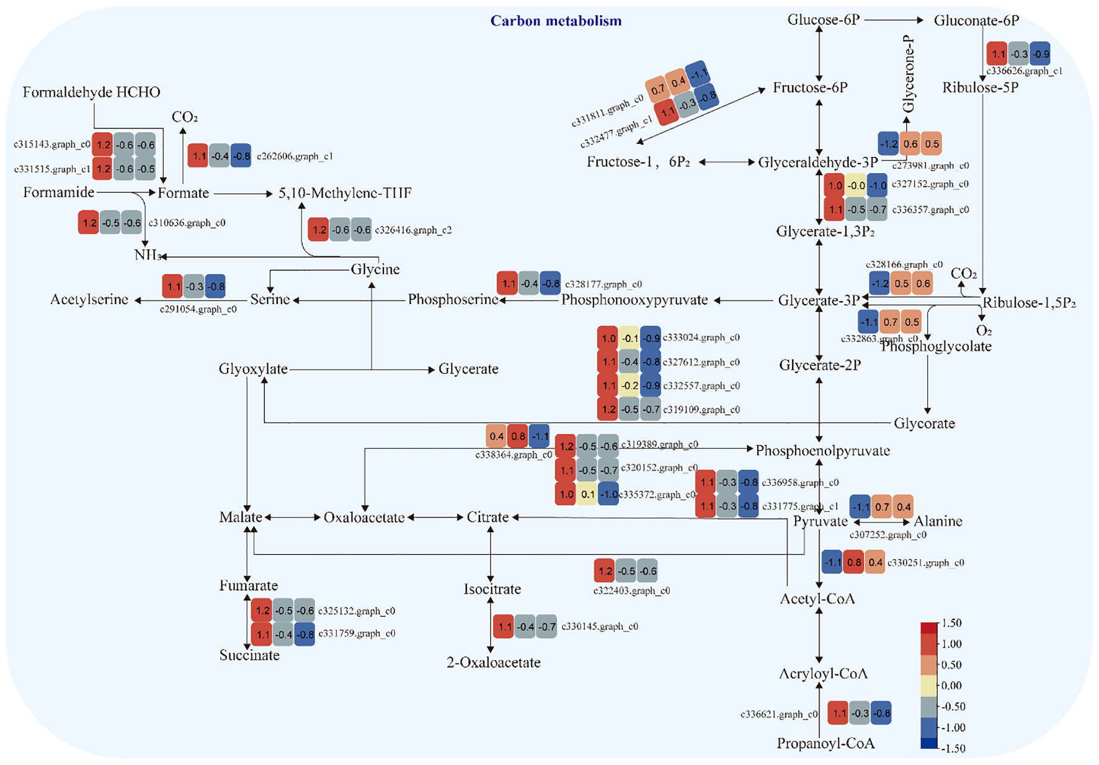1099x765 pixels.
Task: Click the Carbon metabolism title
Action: [556, 21]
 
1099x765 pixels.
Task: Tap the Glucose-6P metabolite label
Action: [824, 20]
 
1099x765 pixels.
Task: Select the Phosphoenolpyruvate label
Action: [822, 450]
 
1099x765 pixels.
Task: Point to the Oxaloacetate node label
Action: [364, 517]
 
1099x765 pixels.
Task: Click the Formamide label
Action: [59, 192]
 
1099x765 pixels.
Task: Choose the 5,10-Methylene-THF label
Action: [345, 193]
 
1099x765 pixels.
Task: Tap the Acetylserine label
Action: [89, 300]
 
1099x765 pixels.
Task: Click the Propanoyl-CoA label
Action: [825, 743]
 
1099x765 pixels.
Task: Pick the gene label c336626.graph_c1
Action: [1024, 71]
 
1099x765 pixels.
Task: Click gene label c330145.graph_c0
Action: [599, 627]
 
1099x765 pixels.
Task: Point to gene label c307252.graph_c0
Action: [888, 535]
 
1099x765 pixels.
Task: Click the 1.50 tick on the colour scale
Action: [951, 623]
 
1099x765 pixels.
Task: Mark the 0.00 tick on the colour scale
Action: [951, 686]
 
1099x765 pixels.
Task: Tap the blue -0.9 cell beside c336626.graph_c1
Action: [1040, 54]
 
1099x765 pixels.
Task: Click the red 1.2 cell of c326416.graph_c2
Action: [319, 230]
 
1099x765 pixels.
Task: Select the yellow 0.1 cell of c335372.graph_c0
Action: [587, 494]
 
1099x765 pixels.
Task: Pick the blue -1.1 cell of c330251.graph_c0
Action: [832, 562]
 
